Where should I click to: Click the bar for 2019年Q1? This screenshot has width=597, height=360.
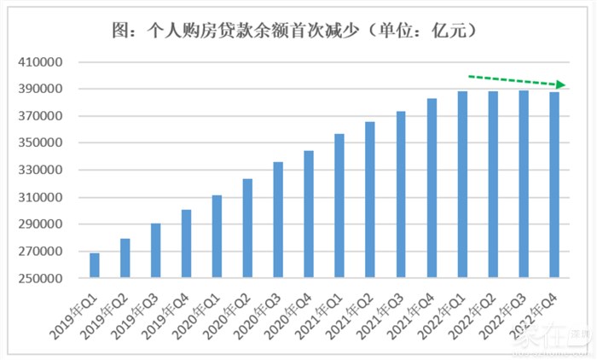point(95,265)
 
